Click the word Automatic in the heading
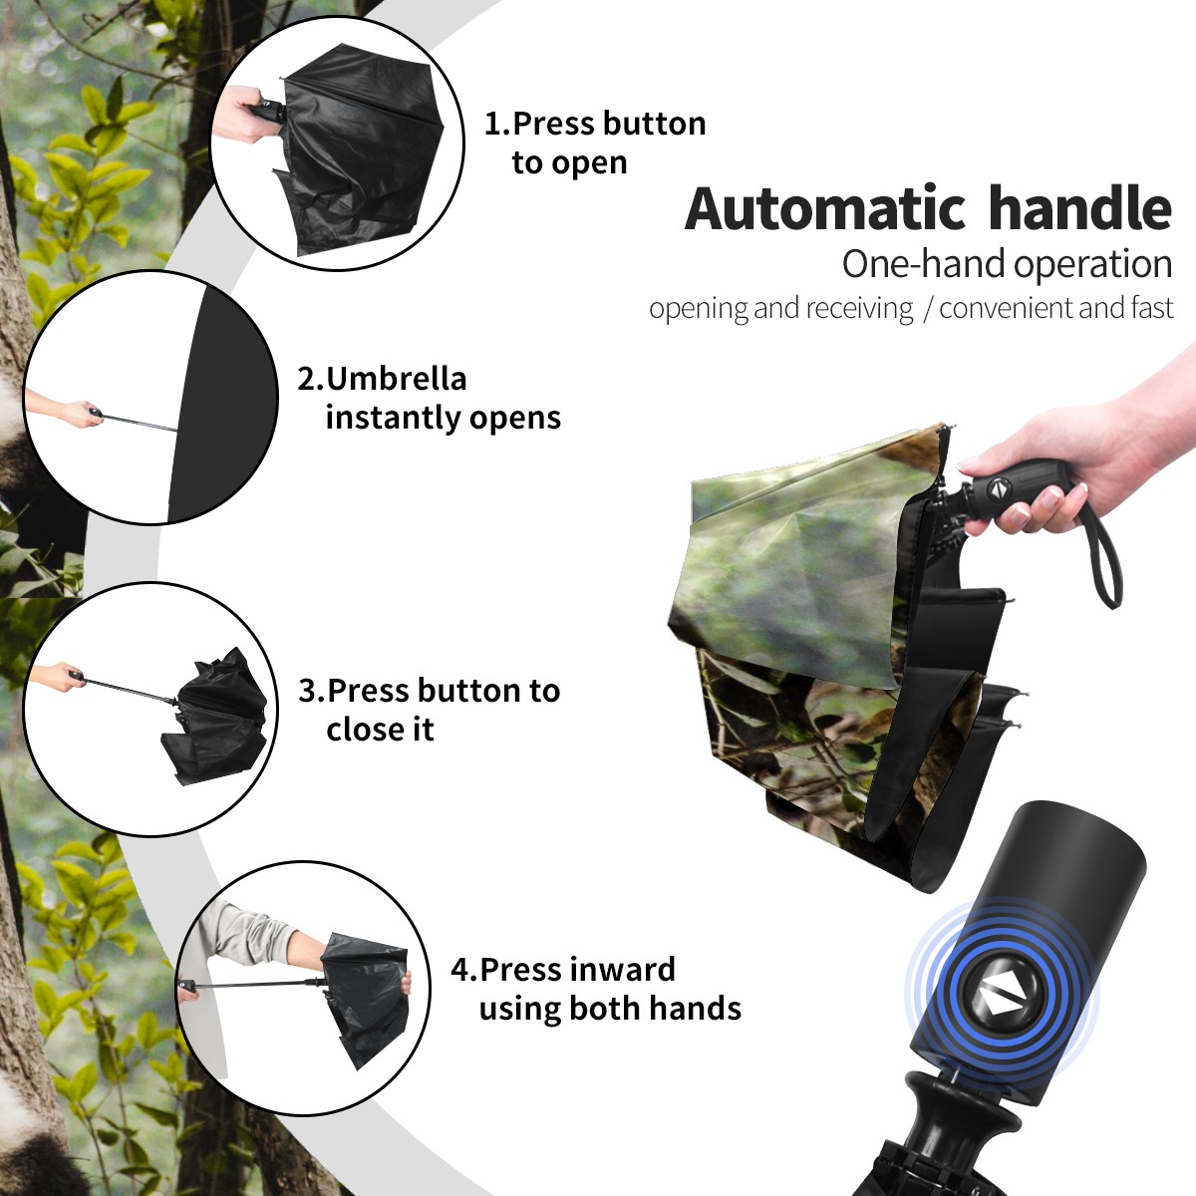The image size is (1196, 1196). click(x=825, y=208)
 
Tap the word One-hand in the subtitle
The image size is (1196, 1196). click(x=924, y=264)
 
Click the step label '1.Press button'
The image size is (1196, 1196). click(x=595, y=124)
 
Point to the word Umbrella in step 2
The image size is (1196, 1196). click(x=396, y=379)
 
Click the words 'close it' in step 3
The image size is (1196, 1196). click(x=380, y=729)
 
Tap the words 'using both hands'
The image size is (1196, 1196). click(x=610, y=1008)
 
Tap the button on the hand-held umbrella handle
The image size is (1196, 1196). click(x=997, y=488)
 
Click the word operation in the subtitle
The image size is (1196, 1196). click(x=1093, y=265)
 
